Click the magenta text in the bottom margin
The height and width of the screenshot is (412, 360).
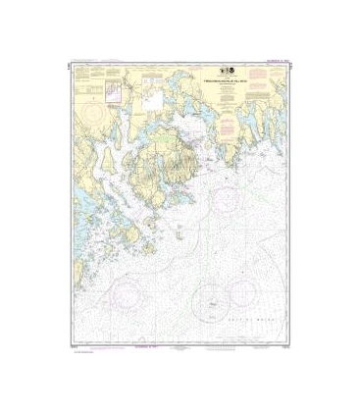click(x=130, y=347)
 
